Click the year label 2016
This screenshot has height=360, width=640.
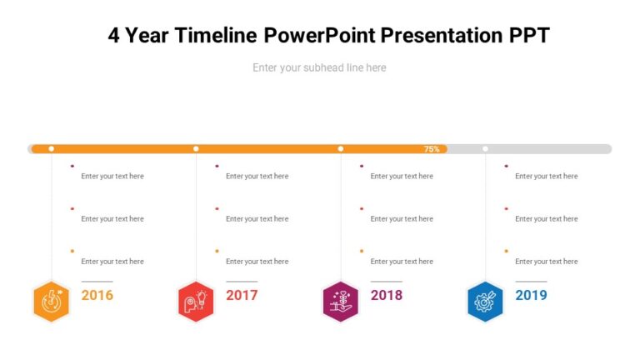[97, 295]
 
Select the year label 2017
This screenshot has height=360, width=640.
[242, 295]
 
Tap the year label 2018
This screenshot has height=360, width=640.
[386, 295]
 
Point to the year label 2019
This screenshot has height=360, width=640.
[531, 295]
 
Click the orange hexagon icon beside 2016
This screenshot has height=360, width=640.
[52, 301]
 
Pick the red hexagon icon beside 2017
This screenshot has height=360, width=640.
[196, 301]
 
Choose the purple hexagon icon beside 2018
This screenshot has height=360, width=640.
[340, 301]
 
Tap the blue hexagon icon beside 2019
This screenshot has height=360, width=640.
[485, 301]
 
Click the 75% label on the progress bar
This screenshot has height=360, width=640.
[432, 149]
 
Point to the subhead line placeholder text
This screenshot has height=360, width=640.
[319, 67]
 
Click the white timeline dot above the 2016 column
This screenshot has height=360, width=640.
[52, 149]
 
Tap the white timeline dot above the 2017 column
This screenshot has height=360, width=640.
[196, 149]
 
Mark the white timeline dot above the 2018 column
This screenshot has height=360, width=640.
[340, 149]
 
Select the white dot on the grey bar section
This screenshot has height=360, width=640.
[485, 149]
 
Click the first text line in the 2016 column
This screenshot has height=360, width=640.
[112, 177]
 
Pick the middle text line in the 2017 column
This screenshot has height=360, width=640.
[257, 219]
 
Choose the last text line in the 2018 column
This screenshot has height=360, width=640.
[402, 262]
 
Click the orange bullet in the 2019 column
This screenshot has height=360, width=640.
[507, 251]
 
